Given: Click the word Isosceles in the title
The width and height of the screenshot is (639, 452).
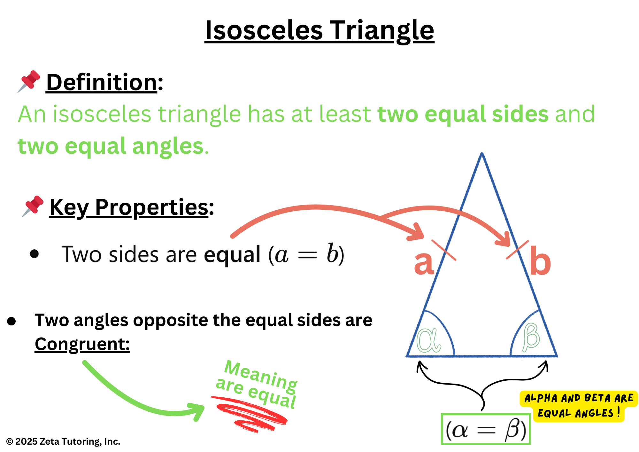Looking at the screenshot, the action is point(264,31).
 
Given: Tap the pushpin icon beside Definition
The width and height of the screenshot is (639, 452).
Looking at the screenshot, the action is point(29,82).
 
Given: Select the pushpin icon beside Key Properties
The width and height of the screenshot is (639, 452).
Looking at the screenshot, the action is point(32,207).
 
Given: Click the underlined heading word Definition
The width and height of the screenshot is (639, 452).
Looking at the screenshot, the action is point(102,82).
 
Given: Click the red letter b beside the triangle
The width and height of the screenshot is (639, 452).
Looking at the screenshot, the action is point(540,261).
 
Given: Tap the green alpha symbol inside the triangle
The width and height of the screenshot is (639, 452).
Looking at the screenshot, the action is point(429,340).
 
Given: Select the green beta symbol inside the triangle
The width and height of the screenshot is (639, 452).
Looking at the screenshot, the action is point(531,337).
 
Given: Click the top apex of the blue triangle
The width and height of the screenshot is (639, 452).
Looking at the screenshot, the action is point(482,153).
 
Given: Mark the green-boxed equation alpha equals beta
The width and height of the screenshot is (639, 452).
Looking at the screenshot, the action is point(486,429).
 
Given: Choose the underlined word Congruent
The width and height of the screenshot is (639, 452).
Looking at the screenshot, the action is point(82,345).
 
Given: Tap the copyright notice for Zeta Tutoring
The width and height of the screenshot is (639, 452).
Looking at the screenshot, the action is point(63,441).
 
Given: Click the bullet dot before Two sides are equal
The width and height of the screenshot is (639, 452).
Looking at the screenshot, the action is point(34,254).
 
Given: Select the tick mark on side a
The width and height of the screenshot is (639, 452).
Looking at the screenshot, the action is point(444,250).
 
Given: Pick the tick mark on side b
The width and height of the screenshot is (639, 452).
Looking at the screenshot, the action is point(518,250).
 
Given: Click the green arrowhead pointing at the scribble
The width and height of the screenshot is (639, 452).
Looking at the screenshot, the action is point(196,411).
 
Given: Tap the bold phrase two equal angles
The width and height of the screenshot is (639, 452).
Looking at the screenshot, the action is point(111,146).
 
